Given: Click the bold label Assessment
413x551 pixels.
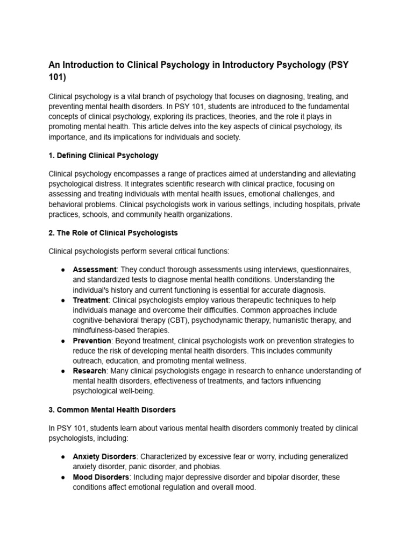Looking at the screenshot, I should pyautogui.click(x=94, y=269).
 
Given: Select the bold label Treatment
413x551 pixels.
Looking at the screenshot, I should pyautogui.click(x=90, y=300).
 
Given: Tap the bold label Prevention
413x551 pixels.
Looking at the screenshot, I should pyautogui.click(x=92, y=341).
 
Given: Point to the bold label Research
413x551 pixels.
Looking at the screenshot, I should pyautogui.click(x=89, y=371).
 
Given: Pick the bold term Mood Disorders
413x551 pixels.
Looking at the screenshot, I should pyautogui.click(x=101, y=477).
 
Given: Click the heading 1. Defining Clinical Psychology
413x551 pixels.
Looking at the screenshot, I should pyautogui.click(x=103, y=156).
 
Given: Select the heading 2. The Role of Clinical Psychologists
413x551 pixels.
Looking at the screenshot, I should pyautogui.click(x=113, y=233).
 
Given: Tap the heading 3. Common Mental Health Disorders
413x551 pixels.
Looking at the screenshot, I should pyautogui.click(x=112, y=409).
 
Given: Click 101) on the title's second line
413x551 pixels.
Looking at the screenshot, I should pyautogui.click(x=57, y=77).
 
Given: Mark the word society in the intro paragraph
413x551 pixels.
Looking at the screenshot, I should pyautogui.click(x=226, y=137).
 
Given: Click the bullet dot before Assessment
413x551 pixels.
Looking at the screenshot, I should pyautogui.click(x=63, y=269).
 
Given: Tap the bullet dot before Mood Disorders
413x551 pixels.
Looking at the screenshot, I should pyautogui.click(x=63, y=477).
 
